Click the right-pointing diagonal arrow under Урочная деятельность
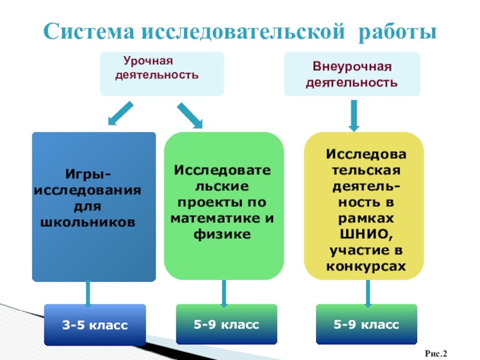pos(190,115)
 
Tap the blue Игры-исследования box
pos(94,206)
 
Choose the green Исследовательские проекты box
pos(223,206)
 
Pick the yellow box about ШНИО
pos(365,206)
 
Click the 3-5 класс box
pos(95,325)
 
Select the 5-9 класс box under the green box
pos(226,324)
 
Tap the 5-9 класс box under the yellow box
pos(367,324)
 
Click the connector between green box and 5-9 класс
pos(224,293)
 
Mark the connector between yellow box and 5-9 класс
pos(367,293)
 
